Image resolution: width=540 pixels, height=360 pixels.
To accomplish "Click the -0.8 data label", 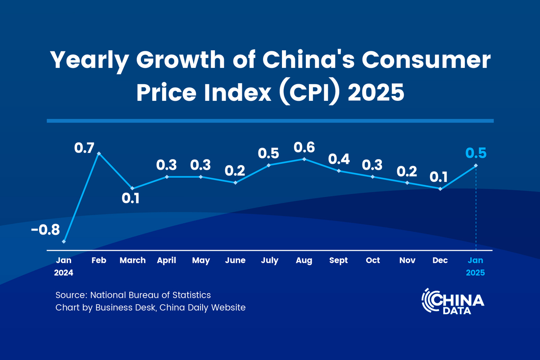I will point(45,230).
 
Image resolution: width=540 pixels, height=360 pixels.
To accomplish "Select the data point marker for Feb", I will point(99,153).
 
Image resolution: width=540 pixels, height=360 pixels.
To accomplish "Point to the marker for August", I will point(304,159).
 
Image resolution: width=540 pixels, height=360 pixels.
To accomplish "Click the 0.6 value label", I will point(304,147).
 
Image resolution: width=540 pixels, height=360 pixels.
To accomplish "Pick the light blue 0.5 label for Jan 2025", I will point(476,153).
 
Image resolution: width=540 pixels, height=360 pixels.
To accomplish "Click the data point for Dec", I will point(440,189).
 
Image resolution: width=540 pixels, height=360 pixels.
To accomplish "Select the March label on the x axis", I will point(132,260).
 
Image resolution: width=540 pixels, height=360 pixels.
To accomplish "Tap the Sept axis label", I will point(338,260).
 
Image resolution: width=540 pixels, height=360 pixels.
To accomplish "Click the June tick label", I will point(235,260).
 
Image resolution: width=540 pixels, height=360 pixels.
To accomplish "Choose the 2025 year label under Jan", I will point(476,273).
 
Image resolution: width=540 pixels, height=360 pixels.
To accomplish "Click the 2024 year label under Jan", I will point(64,273).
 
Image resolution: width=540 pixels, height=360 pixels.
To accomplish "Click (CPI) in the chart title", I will point(306,92).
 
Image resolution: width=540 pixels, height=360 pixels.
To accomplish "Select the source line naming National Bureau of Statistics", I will point(133,295).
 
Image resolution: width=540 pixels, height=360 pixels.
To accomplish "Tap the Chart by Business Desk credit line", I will point(150,308).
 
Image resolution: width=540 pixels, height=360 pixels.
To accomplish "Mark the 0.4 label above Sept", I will point(338,159).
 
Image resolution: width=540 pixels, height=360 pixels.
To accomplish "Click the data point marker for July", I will point(269,165).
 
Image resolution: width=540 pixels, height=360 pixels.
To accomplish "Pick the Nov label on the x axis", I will point(407,260).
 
